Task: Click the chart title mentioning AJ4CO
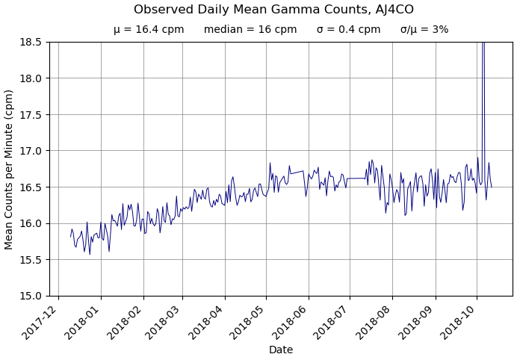click(x=273, y=10)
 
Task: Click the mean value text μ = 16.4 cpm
click(x=149, y=30)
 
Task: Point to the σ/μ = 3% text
click(x=424, y=30)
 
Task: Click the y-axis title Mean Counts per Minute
click(x=10, y=170)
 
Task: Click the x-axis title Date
click(x=281, y=350)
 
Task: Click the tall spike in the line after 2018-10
click(x=483, y=75)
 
